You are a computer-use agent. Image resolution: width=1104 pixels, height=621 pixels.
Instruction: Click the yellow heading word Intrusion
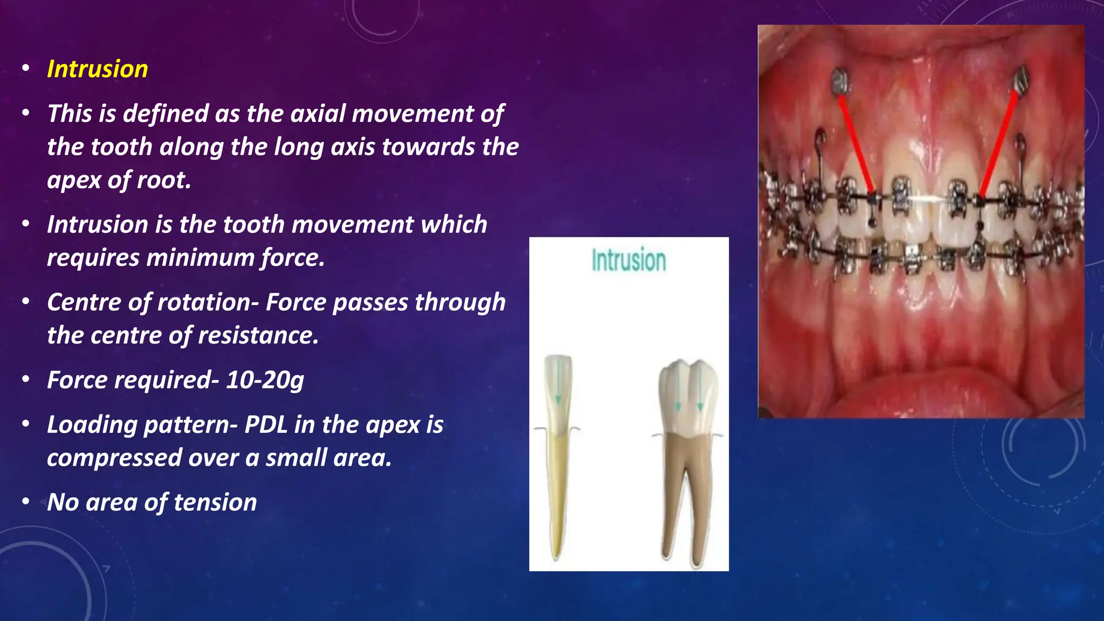[98, 69]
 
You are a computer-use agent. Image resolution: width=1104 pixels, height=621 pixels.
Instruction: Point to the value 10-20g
[265, 380]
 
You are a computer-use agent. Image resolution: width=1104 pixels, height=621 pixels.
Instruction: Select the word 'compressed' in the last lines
[115, 458]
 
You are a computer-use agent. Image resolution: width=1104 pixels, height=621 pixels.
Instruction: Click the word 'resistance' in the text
[258, 336]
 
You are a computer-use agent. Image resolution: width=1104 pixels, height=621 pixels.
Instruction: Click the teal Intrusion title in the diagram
[629, 260]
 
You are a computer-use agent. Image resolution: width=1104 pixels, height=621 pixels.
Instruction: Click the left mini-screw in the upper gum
[840, 82]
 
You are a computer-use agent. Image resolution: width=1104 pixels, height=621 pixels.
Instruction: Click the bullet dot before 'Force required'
[26, 380]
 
